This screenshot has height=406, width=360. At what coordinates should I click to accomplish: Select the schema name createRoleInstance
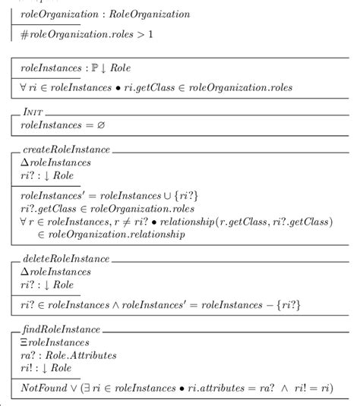pos(67,149)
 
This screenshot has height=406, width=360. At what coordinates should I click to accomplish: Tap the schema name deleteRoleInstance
pos(66,259)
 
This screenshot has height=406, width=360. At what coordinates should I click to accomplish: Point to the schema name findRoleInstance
pos(62,331)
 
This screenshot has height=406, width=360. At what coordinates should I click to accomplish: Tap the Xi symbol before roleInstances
pos(25,344)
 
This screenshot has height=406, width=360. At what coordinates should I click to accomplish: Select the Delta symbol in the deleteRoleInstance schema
pos(25,272)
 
